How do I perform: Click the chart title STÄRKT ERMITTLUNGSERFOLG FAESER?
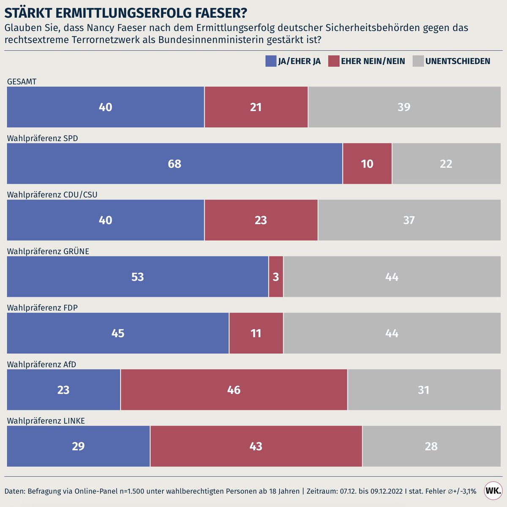pyautogui.click(x=125, y=13)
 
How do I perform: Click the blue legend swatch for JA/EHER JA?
pyautogui.click(x=270, y=61)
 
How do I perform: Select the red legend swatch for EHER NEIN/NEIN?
pyautogui.click(x=333, y=61)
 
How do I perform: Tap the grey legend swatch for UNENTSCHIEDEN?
pyautogui.click(x=418, y=61)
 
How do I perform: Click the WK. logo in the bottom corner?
pyautogui.click(x=493, y=491)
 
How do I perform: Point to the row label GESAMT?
pyautogui.click(x=22, y=82)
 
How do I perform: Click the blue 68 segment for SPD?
pyautogui.click(x=174, y=164)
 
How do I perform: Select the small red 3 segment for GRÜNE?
pyautogui.click(x=276, y=277)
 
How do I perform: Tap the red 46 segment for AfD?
pyautogui.click(x=234, y=390)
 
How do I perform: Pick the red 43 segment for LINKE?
pyautogui.click(x=256, y=446)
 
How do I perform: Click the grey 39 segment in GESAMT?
pyautogui.click(x=404, y=107)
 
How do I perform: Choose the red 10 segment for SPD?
pyautogui.click(x=367, y=164)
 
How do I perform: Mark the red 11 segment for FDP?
pyautogui.click(x=256, y=333)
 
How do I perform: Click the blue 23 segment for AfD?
pyautogui.click(x=63, y=390)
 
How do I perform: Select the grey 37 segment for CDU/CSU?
pyautogui.click(x=409, y=220)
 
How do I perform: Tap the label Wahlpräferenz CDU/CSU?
pyautogui.click(x=52, y=195)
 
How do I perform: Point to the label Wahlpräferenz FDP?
pyautogui.click(x=42, y=308)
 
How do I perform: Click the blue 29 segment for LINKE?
pyautogui.click(x=78, y=446)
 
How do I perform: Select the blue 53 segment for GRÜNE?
pyautogui.click(x=137, y=277)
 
